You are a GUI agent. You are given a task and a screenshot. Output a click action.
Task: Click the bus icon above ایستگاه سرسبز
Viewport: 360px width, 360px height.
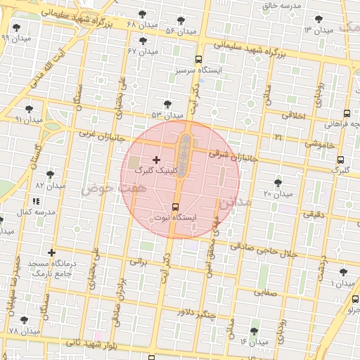click(199, 60)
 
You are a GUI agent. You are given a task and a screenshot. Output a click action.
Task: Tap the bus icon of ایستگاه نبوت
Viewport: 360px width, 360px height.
click(175, 207)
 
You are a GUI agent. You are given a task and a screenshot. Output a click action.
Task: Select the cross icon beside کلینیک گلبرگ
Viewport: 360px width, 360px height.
click(155, 160)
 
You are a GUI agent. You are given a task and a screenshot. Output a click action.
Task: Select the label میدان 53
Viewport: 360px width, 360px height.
click(167, 115)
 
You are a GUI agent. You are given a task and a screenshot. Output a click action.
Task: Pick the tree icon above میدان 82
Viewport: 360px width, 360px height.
click(51, 174)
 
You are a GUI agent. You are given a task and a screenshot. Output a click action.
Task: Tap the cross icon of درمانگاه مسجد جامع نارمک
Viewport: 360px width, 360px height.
click(51, 252)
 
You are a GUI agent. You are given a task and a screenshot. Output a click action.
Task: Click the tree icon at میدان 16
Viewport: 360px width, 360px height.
click(254, 331)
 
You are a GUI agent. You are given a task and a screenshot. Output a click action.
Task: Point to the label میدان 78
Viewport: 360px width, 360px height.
click(25, 331)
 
